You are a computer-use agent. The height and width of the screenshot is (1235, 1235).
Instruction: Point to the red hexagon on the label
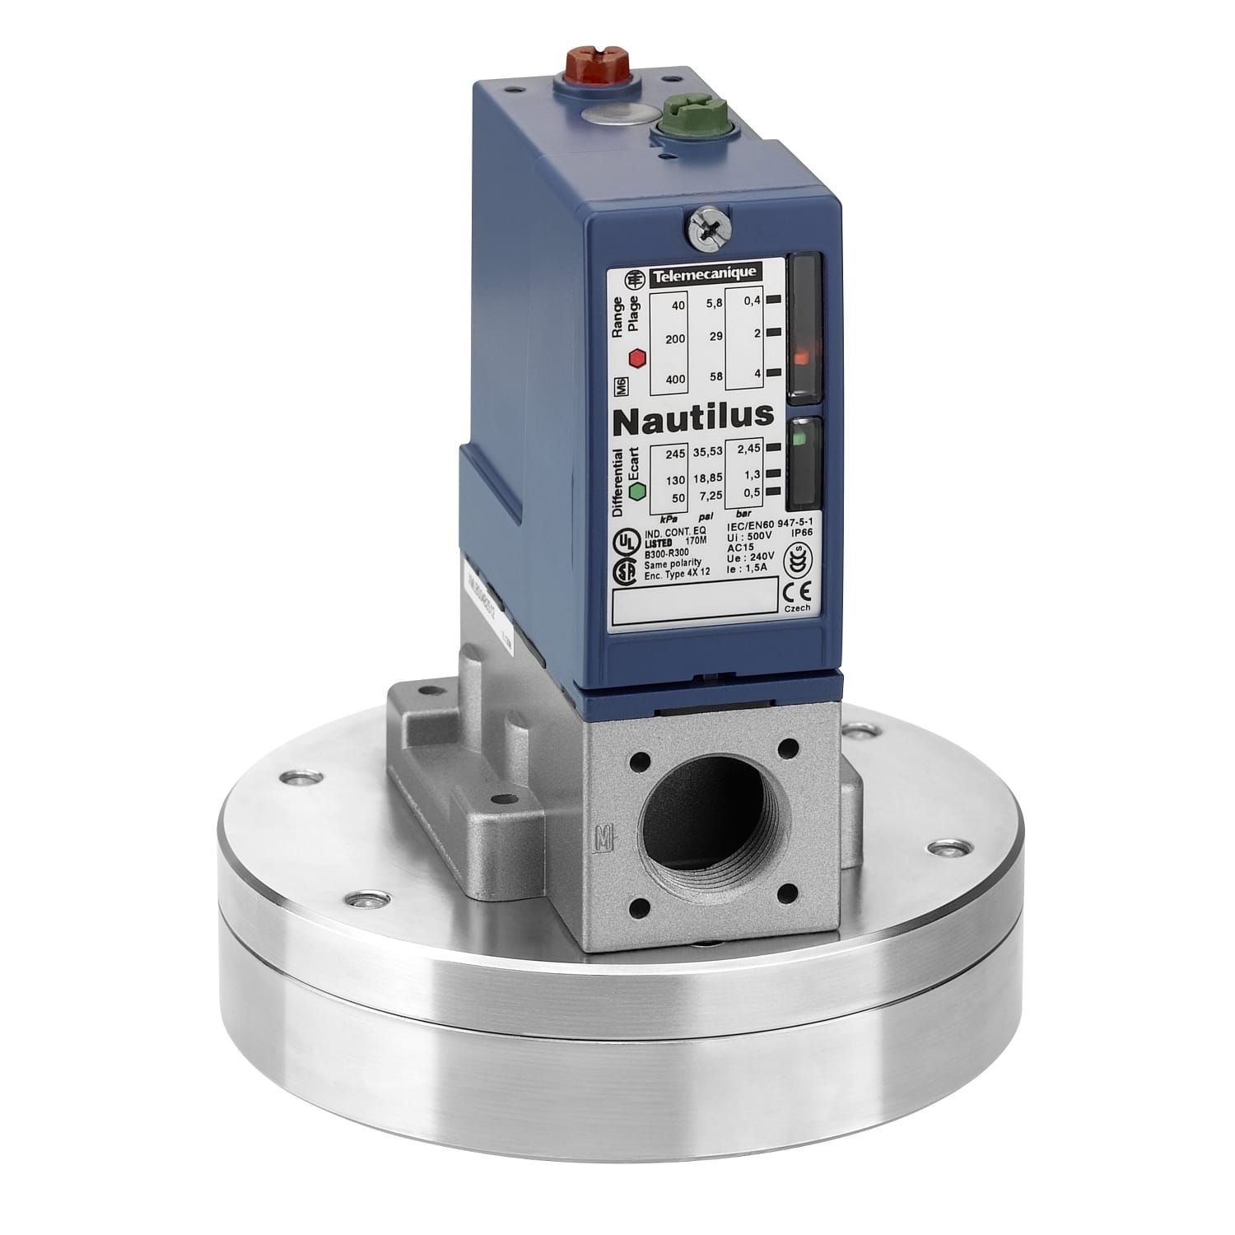pyautogui.click(x=636, y=358)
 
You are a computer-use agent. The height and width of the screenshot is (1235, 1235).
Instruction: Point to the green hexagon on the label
pyautogui.click(x=636, y=491)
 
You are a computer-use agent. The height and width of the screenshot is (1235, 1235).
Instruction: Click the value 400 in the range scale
pyautogui.click(x=674, y=379)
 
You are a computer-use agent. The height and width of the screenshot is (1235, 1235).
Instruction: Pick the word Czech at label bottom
pyautogui.click(x=797, y=608)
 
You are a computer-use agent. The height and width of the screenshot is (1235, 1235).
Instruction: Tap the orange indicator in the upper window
pyautogui.click(x=799, y=356)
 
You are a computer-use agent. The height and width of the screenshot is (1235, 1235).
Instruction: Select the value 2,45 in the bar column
pyautogui.click(x=748, y=449)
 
